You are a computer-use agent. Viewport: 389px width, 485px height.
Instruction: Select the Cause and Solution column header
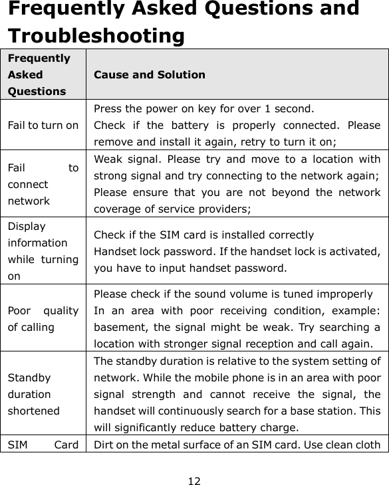(150, 74)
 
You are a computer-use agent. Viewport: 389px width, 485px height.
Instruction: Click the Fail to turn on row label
(43, 125)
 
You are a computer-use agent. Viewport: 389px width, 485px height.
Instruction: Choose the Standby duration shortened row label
(34, 394)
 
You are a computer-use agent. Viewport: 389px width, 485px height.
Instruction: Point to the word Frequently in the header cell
(39, 58)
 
